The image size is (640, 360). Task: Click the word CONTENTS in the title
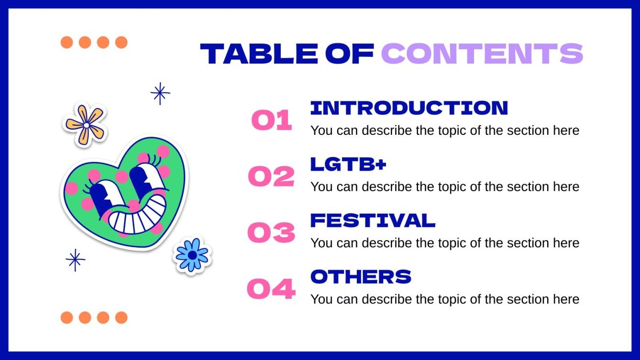[x=482, y=54]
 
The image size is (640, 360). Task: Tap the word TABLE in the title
[x=259, y=54]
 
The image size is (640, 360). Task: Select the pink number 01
[x=272, y=120]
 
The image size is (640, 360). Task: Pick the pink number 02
[x=271, y=176]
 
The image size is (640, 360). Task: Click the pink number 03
[x=271, y=232]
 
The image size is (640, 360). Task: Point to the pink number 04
[x=271, y=289]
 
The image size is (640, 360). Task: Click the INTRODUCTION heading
[x=409, y=108]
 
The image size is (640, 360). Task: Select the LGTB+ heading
[x=348, y=164]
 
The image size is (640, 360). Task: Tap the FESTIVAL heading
[x=373, y=220]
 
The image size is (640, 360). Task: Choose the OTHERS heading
[x=361, y=276]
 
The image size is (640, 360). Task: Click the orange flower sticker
[x=85, y=124]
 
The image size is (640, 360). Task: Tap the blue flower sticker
[x=192, y=255]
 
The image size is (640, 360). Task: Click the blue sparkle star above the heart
[x=160, y=93]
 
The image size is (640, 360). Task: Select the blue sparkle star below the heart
[x=75, y=260]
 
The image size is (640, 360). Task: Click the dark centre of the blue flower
[x=193, y=255]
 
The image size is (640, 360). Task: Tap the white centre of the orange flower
[x=86, y=125]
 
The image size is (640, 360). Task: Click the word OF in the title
[x=350, y=54]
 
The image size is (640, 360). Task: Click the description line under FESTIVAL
[x=445, y=243]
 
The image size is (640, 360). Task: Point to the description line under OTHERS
[x=445, y=299]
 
